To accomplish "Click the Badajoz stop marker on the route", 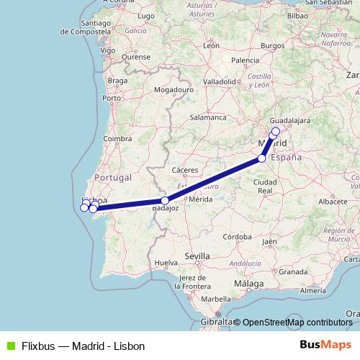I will click(x=165, y=201).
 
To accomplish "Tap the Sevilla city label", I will click(x=197, y=256).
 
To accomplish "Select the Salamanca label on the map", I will click(x=208, y=117).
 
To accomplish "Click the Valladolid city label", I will click(x=220, y=82).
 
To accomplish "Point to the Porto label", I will click(x=112, y=97).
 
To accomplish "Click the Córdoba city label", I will click(x=237, y=236).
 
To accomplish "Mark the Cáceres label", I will click(x=185, y=170).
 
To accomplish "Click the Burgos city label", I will click(x=274, y=45).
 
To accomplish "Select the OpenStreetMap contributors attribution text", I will click(x=297, y=323).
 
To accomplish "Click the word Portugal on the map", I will click(x=112, y=177).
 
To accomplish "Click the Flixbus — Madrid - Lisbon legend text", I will click(x=83, y=346).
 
